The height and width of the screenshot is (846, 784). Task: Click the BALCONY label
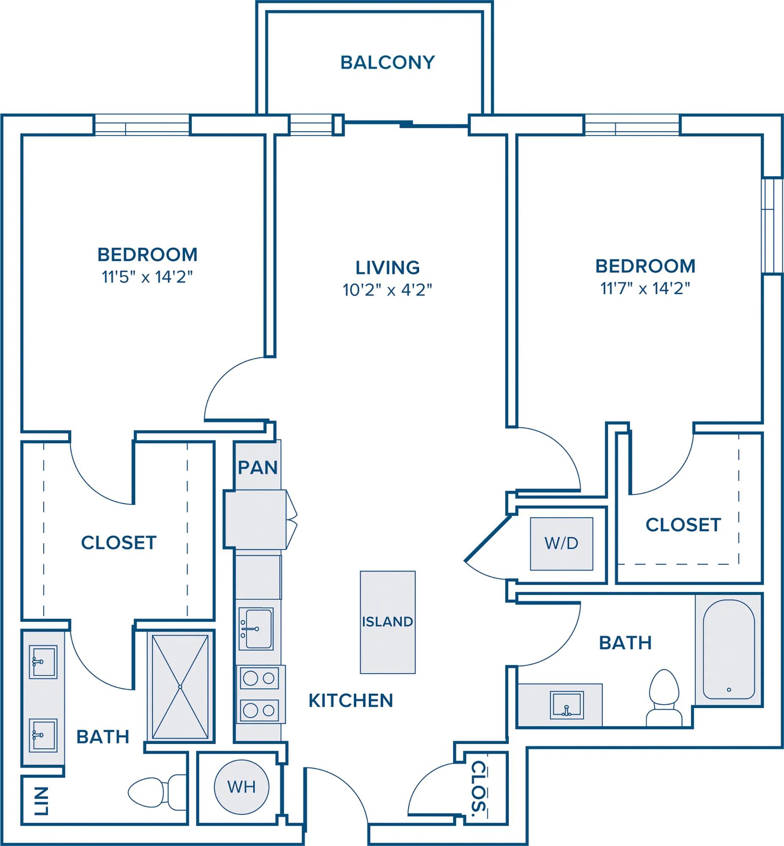click(x=387, y=62)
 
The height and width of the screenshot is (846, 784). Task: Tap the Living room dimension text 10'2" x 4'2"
click(x=387, y=290)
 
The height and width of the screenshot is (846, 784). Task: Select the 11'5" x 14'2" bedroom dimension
click(x=147, y=277)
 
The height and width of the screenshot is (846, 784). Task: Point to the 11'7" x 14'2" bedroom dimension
click(x=645, y=288)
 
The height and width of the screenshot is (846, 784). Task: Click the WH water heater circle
click(x=241, y=787)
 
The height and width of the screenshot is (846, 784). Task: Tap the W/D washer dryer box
click(x=561, y=544)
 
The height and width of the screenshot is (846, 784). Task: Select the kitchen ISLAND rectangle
click(x=388, y=622)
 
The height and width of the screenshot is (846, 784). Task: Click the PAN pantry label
click(x=257, y=467)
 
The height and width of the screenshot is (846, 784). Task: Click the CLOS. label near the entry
click(x=478, y=788)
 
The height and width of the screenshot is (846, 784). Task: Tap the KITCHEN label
click(x=351, y=701)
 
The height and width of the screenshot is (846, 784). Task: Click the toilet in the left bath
click(x=157, y=792)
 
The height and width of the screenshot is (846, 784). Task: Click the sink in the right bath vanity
click(x=566, y=705)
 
